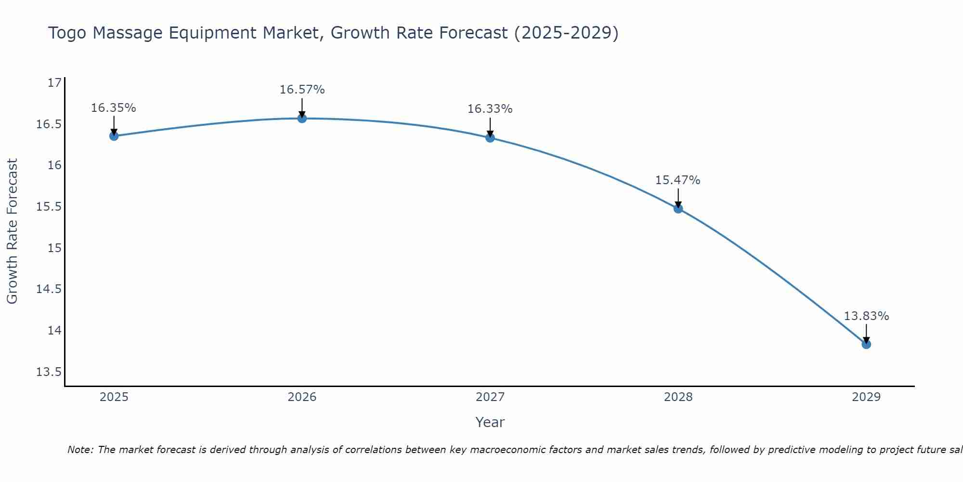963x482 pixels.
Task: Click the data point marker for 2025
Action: click(x=114, y=136)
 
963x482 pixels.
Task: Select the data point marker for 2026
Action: click(x=302, y=118)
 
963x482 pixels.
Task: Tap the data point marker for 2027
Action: click(x=490, y=138)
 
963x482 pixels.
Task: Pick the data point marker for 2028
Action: click(x=678, y=209)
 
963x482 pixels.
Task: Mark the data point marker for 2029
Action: click(x=866, y=344)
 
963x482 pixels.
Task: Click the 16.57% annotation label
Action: click(x=302, y=90)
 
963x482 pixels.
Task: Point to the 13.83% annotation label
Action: click(x=866, y=316)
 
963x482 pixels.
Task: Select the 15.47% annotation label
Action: click(x=677, y=180)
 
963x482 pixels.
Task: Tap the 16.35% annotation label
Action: click(x=114, y=108)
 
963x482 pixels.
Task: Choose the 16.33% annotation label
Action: click(x=490, y=109)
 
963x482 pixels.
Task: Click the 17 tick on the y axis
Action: click(x=54, y=83)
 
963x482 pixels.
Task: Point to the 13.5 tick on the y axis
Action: click(x=49, y=372)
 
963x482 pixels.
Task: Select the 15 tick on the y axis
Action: click(x=54, y=248)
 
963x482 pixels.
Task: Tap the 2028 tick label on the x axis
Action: click(x=678, y=397)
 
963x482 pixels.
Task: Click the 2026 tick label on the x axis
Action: click(x=302, y=397)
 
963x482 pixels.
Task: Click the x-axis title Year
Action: click(x=490, y=422)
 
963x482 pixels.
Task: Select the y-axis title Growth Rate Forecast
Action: click(x=12, y=231)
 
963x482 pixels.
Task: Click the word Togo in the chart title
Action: click(x=67, y=33)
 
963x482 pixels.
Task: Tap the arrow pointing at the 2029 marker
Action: click(x=866, y=334)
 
